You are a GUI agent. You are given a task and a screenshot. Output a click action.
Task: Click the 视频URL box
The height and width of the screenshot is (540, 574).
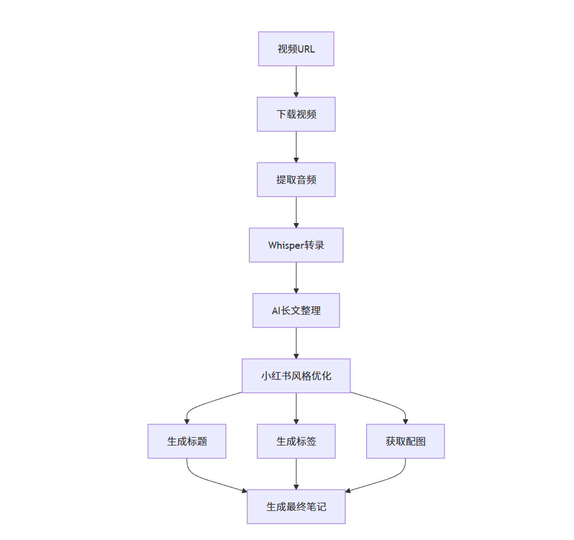tap(296, 49)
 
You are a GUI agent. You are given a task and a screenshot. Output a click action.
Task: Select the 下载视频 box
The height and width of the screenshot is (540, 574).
tap(296, 114)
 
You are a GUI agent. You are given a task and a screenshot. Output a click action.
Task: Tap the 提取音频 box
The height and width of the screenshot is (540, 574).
tap(296, 179)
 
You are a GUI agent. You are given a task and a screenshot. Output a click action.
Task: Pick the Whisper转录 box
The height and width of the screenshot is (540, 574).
tap(296, 245)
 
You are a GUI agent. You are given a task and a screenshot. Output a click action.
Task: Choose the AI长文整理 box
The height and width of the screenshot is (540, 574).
tap(296, 310)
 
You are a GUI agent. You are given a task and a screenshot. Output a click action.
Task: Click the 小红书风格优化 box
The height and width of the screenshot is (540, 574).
tap(296, 376)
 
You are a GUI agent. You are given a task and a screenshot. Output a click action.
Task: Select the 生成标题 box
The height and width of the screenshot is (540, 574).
tap(186, 441)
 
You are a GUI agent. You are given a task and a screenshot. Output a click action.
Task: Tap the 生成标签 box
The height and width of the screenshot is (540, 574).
tap(296, 441)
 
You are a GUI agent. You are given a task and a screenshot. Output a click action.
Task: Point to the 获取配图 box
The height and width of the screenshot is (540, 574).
tap(405, 441)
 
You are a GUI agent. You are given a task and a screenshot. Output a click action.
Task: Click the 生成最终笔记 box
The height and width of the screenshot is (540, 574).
tap(296, 506)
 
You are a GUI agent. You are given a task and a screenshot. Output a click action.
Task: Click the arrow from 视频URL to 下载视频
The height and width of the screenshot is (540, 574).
tap(296, 82)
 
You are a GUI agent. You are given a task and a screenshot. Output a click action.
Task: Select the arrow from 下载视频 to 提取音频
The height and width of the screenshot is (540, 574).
tap(296, 147)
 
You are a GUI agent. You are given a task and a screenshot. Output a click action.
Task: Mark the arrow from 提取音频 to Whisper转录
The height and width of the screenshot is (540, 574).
tap(296, 212)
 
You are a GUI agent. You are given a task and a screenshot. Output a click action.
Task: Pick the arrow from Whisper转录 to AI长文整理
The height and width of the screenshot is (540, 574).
tap(296, 278)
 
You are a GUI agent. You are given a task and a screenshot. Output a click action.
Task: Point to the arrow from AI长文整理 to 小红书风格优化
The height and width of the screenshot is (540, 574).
tap(296, 343)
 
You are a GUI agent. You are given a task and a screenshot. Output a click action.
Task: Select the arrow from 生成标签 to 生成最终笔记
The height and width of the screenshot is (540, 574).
tap(296, 474)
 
